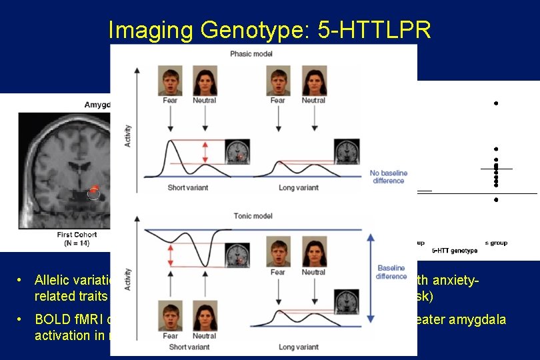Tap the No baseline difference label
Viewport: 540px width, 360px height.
tap(389, 177)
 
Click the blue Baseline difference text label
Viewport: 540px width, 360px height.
tap(391, 272)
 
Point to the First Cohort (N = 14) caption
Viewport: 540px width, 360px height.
tap(77, 239)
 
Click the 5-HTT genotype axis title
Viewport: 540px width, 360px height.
tap(454, 251)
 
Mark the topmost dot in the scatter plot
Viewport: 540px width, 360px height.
tap(496, 103)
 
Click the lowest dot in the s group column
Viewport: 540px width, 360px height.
tap(496, 200)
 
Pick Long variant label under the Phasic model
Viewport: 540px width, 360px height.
tap(298, 188)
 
